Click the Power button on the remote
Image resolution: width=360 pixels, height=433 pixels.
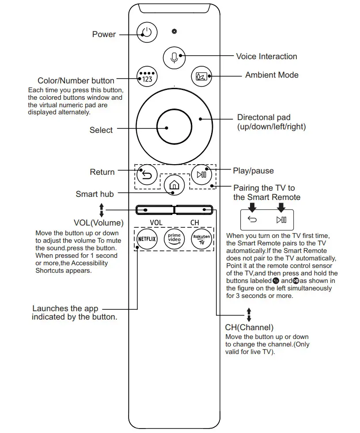click(x=147, y=33)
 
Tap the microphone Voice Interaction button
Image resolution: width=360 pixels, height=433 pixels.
click(x=174, y=57)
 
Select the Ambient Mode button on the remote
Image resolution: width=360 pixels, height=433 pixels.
click(x=201, y=76)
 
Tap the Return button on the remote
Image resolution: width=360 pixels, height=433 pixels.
click(x=147, y=176)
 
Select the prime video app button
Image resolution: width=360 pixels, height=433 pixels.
click(x=174, y=239)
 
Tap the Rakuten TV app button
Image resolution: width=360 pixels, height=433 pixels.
click(x=201, y=239)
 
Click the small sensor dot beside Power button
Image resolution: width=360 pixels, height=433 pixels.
click(x=174, y=31)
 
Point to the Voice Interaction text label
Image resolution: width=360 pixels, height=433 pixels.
click(x=266, y=56)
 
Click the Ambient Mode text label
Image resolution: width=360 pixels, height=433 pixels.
click(x=272, y=75)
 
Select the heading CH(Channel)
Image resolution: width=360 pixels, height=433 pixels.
click(x=249, y=328)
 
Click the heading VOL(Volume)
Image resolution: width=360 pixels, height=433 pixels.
click(x=99, y=222)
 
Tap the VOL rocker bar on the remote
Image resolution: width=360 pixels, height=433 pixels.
click(x=154, y=210)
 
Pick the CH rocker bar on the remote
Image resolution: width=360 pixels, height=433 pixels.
click(x=194, y=210)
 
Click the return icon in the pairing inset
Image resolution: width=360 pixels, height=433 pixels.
click(x=252, y=219)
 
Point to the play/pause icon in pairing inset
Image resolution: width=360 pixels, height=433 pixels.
click(x=281, y=219)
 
